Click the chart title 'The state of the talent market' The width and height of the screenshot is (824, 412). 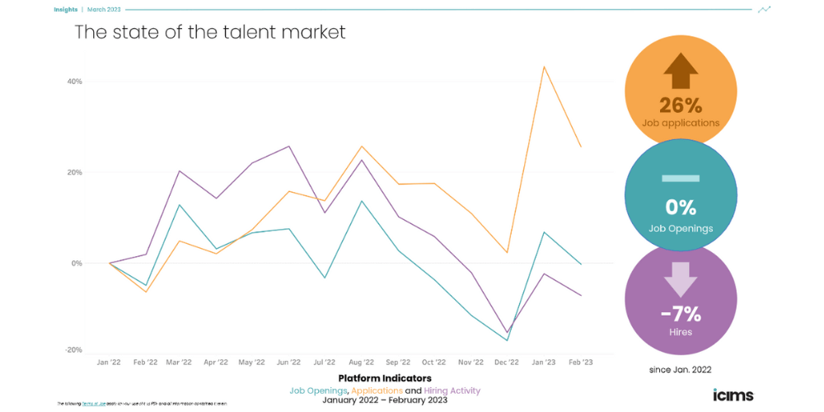(210, 32)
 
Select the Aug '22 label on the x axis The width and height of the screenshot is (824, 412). (362, 362)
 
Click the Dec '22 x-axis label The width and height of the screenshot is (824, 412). (508, 362)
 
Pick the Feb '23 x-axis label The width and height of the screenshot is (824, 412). (580, 362)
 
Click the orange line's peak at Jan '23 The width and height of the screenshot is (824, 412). (544, 67)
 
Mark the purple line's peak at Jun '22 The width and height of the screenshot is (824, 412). (288, 147)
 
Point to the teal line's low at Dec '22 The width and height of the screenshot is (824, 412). (508, 340)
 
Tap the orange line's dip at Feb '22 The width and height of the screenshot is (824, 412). (146, 292)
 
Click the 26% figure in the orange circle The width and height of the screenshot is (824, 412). (680, 105)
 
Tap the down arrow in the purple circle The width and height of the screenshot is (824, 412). (680, 280)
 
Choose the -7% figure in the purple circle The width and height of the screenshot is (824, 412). (680, 313)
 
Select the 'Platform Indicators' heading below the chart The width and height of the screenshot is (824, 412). (384, 378)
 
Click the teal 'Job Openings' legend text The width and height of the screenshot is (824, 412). (318, 390)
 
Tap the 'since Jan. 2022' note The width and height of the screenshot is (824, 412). (680, 368)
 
